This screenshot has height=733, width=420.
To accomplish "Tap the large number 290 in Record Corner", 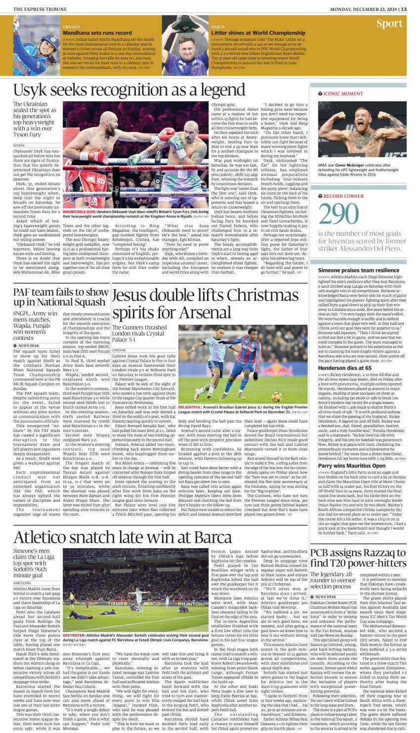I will pos(338,215).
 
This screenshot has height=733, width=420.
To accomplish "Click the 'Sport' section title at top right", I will pos(389,24).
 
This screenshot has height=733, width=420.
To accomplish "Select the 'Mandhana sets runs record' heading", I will pos(97,33).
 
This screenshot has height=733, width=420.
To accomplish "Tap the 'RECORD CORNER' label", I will pos(343,196).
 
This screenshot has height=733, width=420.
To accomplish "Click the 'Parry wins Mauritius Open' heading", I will pos(351,466).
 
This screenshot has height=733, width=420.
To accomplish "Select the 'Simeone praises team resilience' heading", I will pos(358,270).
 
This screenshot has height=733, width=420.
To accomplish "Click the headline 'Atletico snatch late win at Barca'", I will pos(123,537).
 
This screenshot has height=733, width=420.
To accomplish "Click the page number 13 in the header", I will pos(404,9).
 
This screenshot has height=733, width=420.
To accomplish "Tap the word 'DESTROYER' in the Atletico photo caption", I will pos(74,636).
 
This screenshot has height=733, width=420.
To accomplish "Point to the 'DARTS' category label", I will pos(218,27).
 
